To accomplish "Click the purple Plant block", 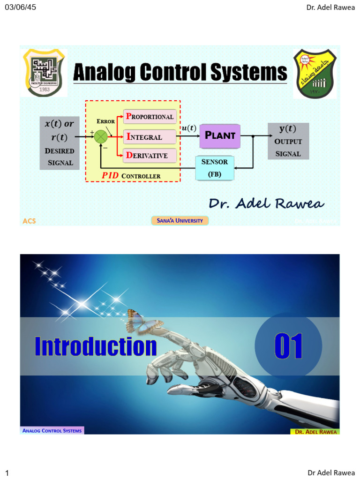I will (220, 136).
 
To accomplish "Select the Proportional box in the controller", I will (150, 116).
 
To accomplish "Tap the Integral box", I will (150, 137).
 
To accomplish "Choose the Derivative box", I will (150, 155).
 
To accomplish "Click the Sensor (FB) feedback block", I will (215, 168).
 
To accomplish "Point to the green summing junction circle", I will (101, 136).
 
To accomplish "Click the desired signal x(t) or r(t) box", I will (60, 143).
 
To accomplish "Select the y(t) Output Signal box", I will (288, 141).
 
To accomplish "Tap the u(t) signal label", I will (189, 128).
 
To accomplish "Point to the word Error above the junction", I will (106, 121).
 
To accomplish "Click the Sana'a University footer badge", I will (180, 220).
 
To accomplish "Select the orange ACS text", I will (29, 221).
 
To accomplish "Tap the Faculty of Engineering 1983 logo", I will (45, 72).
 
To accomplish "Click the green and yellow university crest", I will (314, 73).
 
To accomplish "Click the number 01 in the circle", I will (288, 346).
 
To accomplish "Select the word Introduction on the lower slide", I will (96, 346).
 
